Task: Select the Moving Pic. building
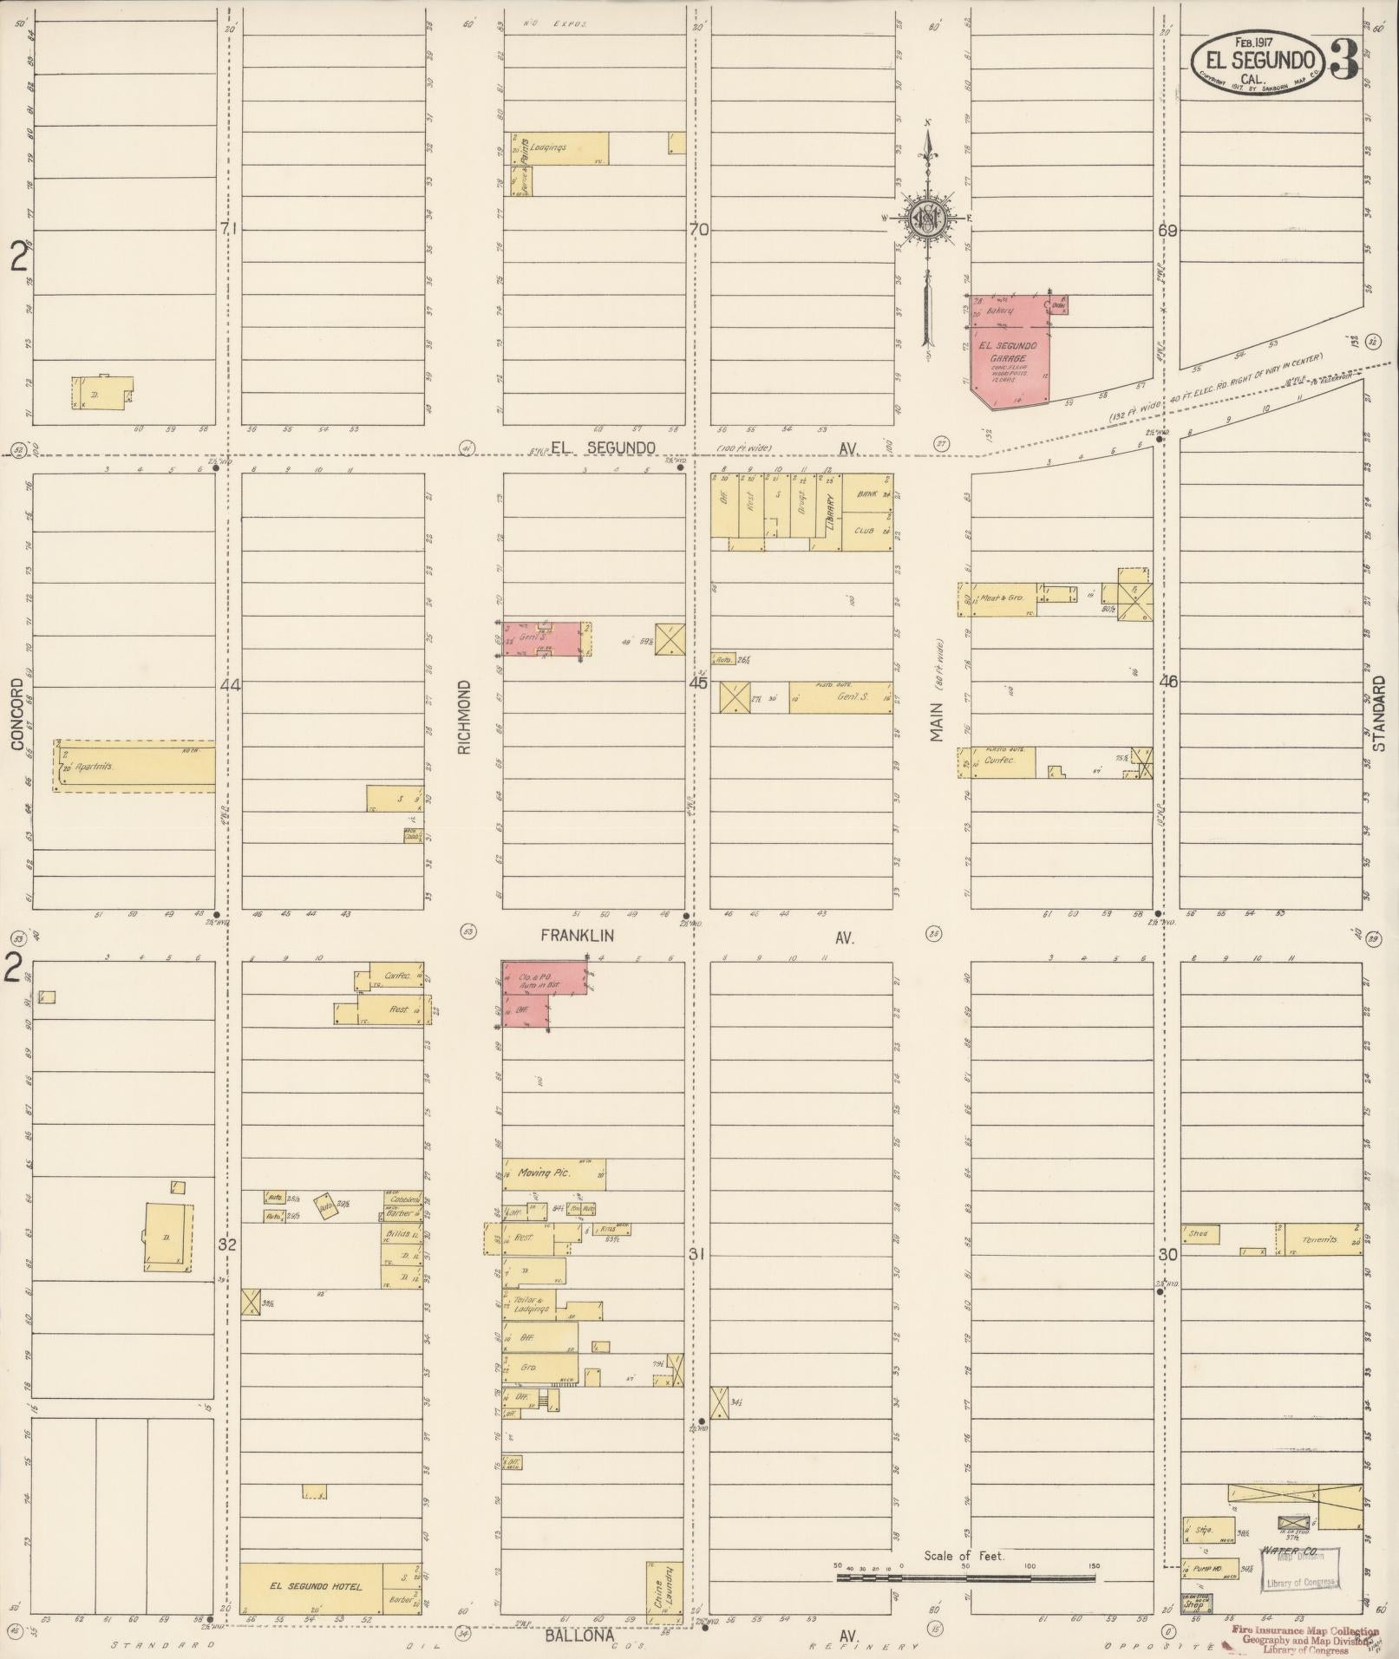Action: point(553,1173)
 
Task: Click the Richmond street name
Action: point(465,716)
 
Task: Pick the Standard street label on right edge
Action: point(1381,713)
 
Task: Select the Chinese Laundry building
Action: point(663,1590)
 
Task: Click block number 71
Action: point(228,229)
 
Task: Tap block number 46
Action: point(1168,682)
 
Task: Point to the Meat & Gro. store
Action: point(1003,598)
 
